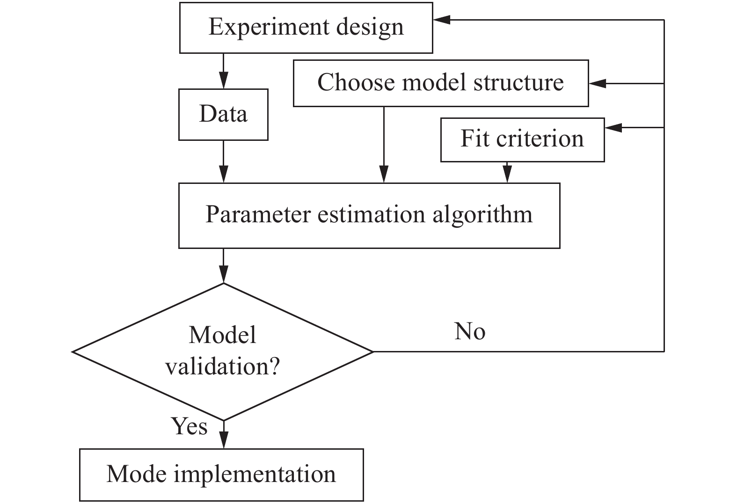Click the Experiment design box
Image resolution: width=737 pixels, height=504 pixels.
[x=306, y=28]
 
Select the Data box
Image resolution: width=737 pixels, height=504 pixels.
[x=223, y=114]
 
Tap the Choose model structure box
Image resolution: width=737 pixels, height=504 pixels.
[x=440, y=83]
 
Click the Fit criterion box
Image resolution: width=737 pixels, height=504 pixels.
[x=522, y=139]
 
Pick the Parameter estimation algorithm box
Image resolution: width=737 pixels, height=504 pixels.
[x=369, y=215]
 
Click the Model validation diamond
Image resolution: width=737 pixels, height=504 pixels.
[x=223, y=351]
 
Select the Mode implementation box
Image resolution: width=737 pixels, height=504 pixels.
[x=221, y=475]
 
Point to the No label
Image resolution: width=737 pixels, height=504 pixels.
[x=470, y=332]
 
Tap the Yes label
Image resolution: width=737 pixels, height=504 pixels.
[x=189, y=426]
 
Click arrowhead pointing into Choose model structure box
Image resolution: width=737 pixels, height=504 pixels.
[x=597, y=83]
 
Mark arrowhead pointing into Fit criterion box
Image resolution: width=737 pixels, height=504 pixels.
[x=613, y=127]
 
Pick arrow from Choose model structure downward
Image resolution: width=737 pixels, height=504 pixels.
[x=384, y=145]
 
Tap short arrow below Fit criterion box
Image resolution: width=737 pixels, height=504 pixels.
[x=506, y=173]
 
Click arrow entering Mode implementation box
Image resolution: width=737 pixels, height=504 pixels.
[x=224, y=435]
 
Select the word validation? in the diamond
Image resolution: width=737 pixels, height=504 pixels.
[x=223, y=366]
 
